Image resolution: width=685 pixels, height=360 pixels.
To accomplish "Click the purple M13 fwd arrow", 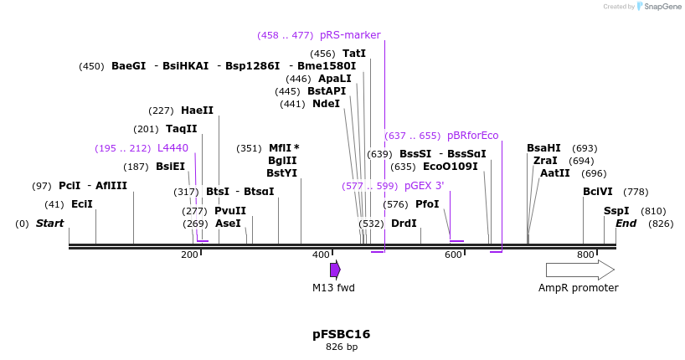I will (335, 270).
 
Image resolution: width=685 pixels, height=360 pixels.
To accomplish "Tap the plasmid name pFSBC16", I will (341, 334).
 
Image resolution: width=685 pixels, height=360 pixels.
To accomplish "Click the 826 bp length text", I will (341, 347).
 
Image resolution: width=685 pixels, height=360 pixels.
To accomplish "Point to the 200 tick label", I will (189, 255).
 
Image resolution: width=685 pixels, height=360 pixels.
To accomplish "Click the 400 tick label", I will (321, 255).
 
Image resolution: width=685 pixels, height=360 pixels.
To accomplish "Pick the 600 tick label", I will (453, 255).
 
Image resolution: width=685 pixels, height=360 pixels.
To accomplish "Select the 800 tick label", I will (585, 255).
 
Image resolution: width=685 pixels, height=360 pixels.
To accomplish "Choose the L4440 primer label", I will (173, 148).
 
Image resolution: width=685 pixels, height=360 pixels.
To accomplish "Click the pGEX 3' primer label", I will (424, 186).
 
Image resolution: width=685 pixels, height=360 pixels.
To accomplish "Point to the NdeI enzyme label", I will (326, 104).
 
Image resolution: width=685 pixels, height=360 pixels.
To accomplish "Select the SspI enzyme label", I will (616, 211).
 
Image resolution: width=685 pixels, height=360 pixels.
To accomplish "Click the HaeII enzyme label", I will (197, 111).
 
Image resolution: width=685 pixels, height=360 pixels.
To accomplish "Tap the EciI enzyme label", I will (81, 204).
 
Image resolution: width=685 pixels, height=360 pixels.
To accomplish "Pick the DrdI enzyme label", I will (404, 224).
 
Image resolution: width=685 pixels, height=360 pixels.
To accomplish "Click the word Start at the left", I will (49, 224).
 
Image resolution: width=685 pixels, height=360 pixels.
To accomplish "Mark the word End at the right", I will (626, 224).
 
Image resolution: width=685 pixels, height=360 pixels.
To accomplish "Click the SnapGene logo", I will (657, 7).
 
